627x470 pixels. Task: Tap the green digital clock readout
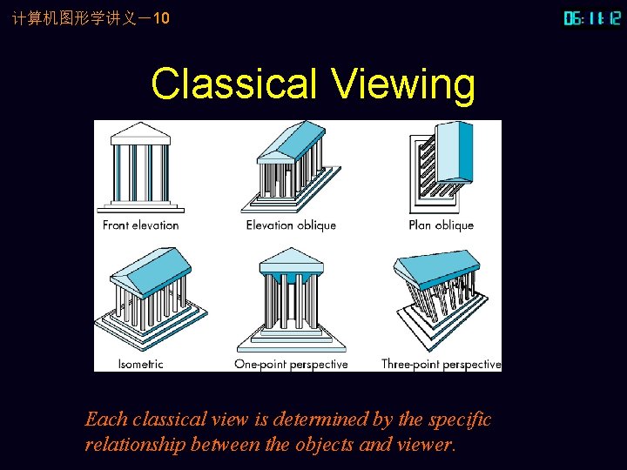(592, 17)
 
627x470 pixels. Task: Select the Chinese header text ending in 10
(85, 17)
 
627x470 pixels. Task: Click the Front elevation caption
(140, 225)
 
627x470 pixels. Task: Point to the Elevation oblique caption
(291, 225)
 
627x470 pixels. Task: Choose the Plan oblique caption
(441, 225)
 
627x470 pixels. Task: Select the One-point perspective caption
(291, 364)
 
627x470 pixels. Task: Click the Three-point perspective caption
(441, 364)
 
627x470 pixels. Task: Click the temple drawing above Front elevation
(140, 167)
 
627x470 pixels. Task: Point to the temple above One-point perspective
(291, 300)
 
